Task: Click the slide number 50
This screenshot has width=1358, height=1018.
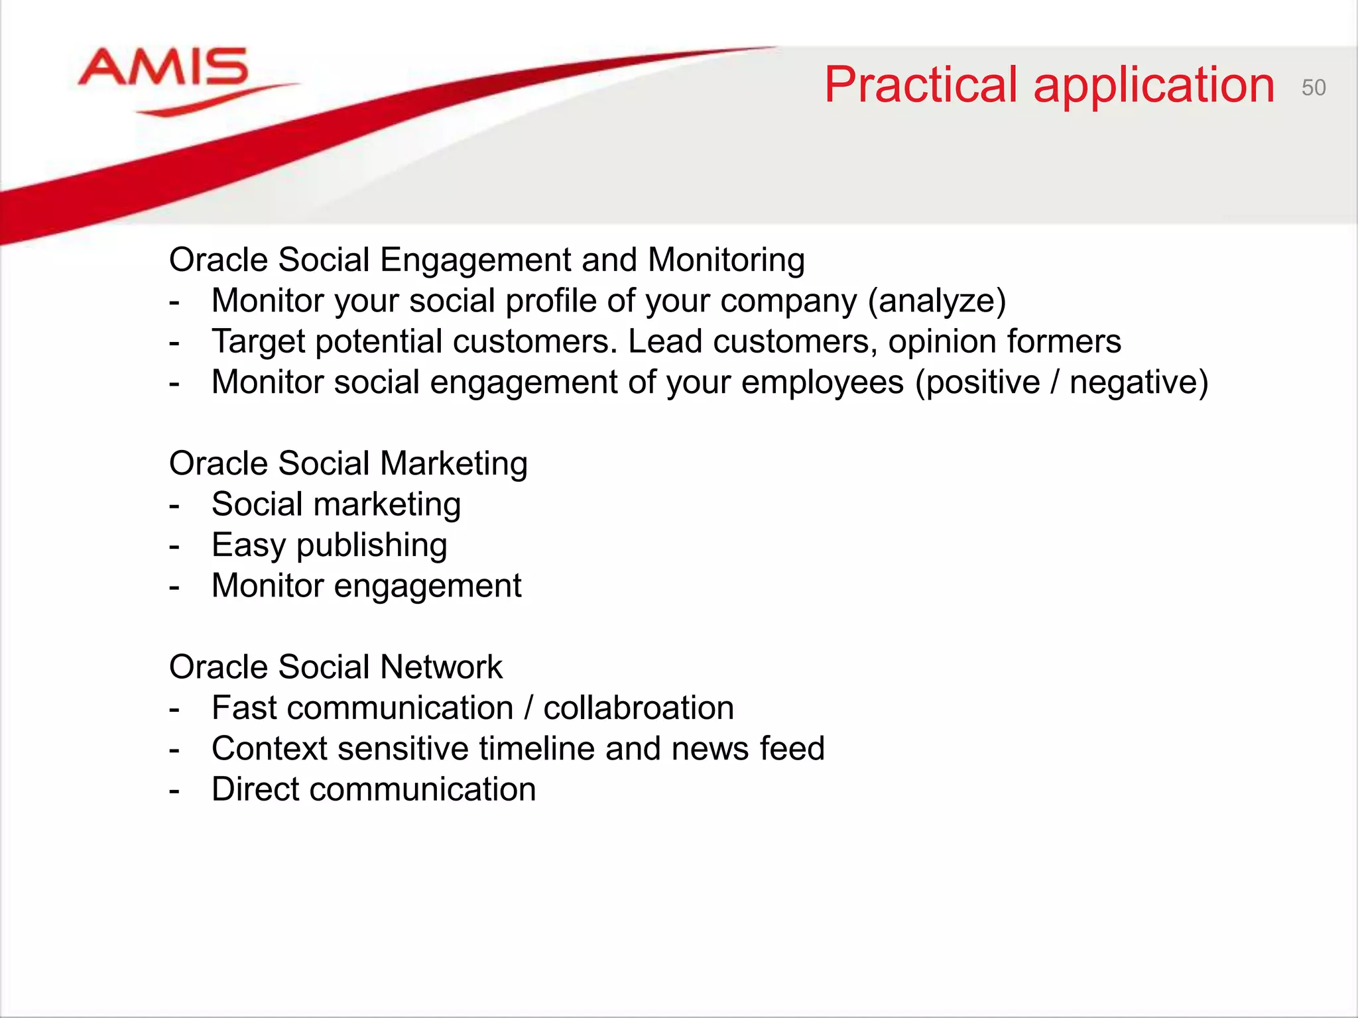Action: (x=1313, y=87)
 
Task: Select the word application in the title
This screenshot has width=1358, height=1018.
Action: (x=1154, y=86)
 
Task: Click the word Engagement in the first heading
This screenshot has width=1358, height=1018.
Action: (x=475, y=260)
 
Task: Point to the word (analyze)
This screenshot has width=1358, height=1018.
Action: (x=937, y=301)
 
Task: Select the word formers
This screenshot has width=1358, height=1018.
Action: (x=1064, y=342)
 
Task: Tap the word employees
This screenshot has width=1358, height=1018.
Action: (x=822, y=383)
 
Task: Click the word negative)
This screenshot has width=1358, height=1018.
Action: (x=1139, y=382)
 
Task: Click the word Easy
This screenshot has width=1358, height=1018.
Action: (x=249, y=545)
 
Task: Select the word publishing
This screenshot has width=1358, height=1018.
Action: (x=371, y=546)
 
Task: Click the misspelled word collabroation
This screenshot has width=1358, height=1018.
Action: (x=639, y=708)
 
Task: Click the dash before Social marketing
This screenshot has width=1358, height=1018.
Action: (x=174, y=506)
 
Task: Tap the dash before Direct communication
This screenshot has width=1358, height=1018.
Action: (x=174, y=791)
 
